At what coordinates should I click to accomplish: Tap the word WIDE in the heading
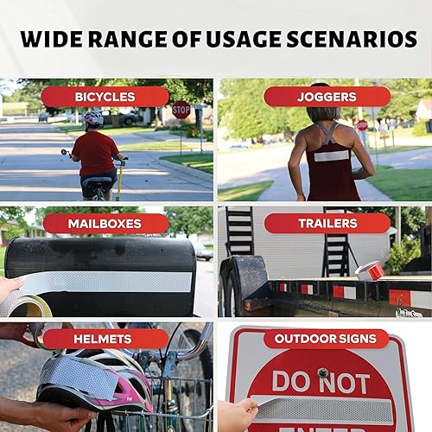50,39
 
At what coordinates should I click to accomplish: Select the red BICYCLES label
105,97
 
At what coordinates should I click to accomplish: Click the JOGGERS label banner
327,97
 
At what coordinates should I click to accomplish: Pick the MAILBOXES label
105,224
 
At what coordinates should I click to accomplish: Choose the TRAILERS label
327,224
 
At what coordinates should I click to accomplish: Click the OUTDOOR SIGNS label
326,339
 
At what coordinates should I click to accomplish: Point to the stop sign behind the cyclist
181,110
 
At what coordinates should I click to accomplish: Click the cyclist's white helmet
93,118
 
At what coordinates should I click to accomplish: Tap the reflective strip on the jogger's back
332,156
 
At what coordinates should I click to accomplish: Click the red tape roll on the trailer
370,270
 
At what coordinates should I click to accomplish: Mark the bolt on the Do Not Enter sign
322,373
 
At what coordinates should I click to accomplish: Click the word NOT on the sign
345,384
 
